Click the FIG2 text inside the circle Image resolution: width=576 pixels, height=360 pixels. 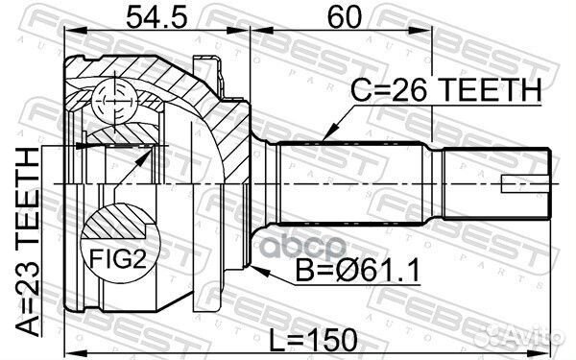click(113, 256)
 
